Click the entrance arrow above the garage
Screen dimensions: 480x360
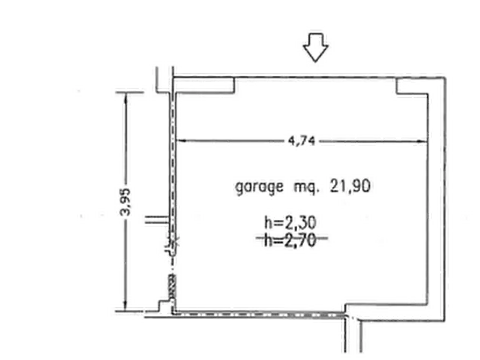coord(316,47)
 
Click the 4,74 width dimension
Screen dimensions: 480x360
coord(302,141)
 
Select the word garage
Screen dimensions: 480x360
coord(259,187)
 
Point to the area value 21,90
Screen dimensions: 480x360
coord(350,186)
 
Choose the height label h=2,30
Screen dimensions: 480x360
coord(290,222)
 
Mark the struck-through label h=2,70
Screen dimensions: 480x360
coord(290,240)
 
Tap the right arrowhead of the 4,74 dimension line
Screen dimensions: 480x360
coord(423,141)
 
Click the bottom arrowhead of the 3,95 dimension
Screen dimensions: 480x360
coord(125,306)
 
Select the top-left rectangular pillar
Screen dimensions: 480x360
coord(204,85)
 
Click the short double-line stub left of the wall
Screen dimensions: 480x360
coord(157,219)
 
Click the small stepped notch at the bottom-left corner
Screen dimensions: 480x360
coord(164,306)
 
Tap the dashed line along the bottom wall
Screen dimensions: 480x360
coord(258,314)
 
